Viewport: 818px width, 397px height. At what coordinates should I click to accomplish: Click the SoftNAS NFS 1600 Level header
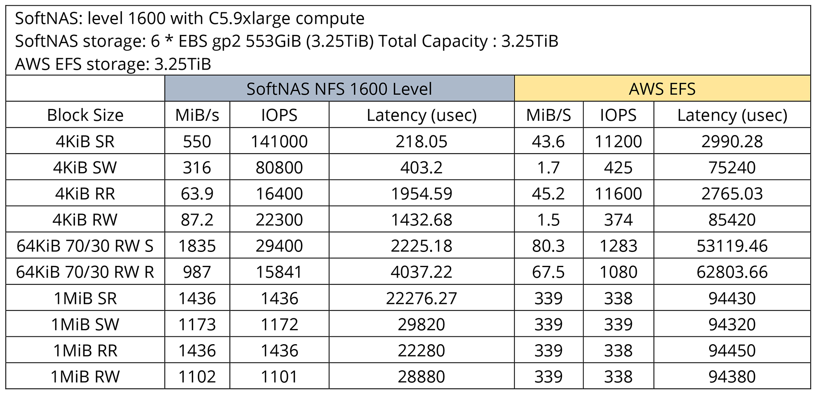point(339,89)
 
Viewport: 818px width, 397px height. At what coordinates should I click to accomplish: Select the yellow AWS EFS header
point(662,89)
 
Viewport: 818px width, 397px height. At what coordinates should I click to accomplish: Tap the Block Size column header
point(85,115)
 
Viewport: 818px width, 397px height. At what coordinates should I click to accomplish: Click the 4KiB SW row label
point(85,168)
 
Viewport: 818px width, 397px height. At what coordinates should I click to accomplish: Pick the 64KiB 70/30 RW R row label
point(85,272)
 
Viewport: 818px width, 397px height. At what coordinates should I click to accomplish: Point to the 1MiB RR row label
point(85,351)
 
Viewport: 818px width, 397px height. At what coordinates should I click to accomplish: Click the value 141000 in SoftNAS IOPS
point(279,141)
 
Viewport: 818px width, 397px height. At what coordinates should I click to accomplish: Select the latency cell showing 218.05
point(421,141)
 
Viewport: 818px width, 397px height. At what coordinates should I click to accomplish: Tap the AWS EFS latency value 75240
point(732,168)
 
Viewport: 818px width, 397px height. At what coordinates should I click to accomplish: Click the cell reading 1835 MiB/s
point(197,246)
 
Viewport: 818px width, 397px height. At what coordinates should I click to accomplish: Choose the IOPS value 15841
point(279,272)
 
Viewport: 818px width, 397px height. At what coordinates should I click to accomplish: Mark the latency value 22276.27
point(421,298)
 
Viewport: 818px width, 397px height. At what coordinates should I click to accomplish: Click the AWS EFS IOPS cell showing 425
point(618,168)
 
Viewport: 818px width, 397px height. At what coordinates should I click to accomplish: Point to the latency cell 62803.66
point(732,272)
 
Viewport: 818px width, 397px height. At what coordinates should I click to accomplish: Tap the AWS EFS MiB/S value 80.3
point(548,246)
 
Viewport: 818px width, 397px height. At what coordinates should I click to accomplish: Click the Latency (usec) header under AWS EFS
point(732,115)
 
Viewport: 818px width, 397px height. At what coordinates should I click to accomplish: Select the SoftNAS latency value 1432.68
point(421,220)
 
